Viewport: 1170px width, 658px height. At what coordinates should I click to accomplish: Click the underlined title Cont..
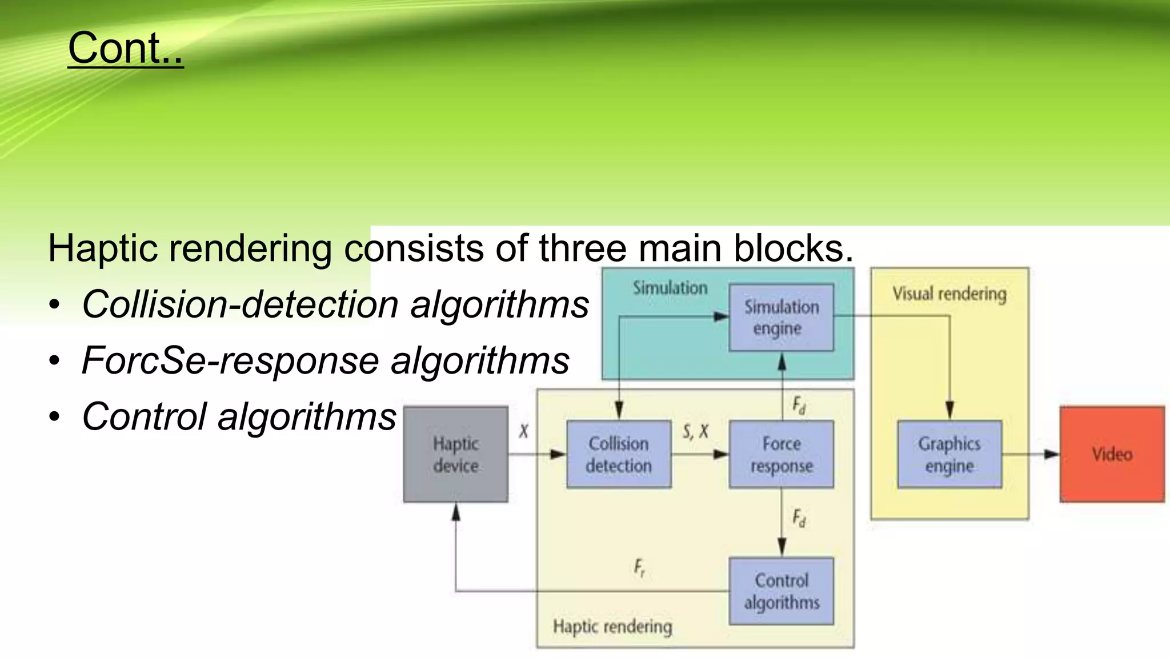[125, 48]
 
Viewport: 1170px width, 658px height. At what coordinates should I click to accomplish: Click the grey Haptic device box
[455, 455]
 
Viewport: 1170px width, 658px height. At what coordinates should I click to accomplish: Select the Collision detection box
[619, 455]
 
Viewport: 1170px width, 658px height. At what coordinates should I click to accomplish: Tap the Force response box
[781, 455]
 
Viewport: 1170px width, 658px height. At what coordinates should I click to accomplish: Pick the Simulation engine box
[781, 318]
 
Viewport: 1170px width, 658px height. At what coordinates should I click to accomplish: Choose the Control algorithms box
[781, 591]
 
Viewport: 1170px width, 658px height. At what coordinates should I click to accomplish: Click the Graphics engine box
[949, 455]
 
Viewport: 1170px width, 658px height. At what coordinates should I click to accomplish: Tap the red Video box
[1112, 455]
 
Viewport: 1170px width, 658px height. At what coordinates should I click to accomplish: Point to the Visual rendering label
[949, 294]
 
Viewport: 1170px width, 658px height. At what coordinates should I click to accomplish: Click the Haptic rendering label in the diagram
[612, 627]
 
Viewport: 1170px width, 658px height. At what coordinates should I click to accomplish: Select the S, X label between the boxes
[695, 431]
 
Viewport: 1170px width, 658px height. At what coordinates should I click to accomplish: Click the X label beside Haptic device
[523, 431]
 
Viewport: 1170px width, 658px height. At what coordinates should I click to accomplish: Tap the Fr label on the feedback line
[639, 568]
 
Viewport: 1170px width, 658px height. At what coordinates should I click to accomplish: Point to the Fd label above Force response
[799, 406]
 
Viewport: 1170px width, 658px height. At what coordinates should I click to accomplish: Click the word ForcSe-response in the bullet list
[230, 360]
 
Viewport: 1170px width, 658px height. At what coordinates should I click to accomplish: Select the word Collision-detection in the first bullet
[240, 304]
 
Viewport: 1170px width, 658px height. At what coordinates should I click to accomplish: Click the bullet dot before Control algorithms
[54, 417]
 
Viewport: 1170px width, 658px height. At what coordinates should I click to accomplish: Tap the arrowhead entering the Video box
[1052, 455]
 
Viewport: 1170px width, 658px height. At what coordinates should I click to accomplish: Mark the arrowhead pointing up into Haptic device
[456, 512]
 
